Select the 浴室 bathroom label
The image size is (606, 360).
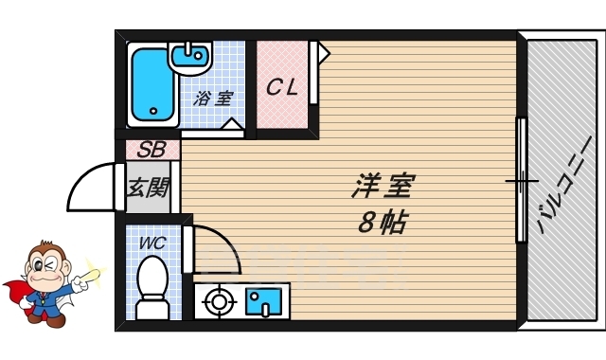click(214, 98)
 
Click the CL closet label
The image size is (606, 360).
click(282, 88)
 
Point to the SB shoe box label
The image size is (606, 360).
click(151, 150)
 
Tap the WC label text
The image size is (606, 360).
click(152, 243)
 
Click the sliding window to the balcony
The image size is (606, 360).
click(520, 180)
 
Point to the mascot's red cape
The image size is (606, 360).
click(17, 290)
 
